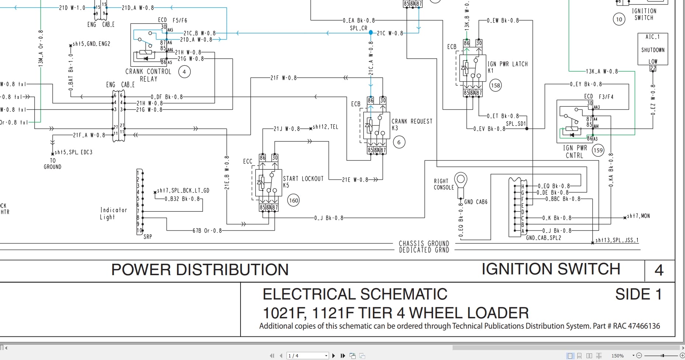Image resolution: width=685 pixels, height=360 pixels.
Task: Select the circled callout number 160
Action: coord(293,201)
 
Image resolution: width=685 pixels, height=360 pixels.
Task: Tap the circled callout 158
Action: coord(495,86)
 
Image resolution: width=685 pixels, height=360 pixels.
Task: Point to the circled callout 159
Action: coord(598,150)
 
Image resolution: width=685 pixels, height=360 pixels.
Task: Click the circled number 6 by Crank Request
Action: coord(399,142)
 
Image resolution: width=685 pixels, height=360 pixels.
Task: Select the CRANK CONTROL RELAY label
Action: coord(148,75)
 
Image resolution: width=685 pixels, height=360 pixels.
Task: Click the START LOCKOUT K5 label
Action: coord(303,181)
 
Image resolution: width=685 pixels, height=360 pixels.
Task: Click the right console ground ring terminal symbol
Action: coord(461,181)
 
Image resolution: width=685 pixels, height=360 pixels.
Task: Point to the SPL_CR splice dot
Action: coord(371,32)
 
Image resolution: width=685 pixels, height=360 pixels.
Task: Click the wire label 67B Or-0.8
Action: coord(207,231)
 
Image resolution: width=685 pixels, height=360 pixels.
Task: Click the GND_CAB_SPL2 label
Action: coord(543,238)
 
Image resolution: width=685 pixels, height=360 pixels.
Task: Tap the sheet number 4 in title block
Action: coord(659,270)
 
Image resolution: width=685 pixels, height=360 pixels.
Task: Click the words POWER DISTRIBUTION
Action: coord(200,270)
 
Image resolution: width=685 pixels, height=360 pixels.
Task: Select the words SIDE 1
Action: coord(638,294)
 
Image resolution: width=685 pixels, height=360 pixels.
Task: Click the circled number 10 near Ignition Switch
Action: coord(619,19)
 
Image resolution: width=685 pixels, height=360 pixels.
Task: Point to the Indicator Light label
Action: coord(113,213)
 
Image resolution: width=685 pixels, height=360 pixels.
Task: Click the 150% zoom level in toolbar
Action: coord(617,356)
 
